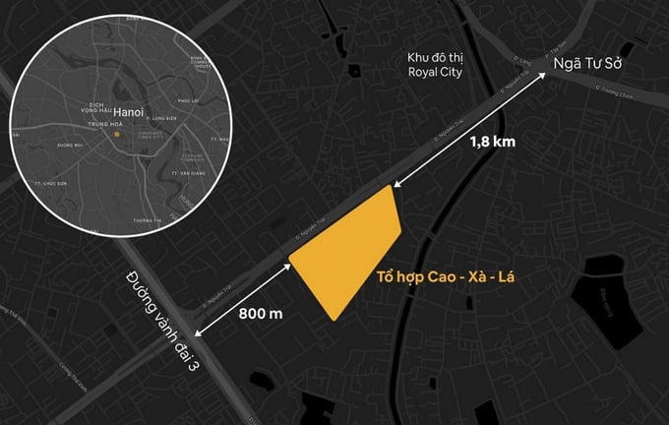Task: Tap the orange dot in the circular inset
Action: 115,135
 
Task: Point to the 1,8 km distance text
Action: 493,142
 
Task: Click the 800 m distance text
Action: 261,314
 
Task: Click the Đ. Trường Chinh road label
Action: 614,95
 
